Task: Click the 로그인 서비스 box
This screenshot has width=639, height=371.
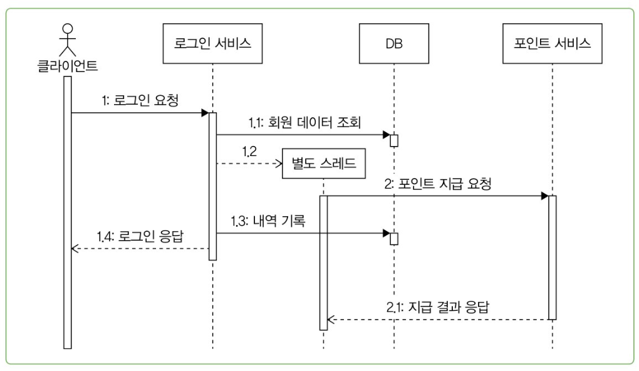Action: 212,44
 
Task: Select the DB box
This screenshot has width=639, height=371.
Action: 394,44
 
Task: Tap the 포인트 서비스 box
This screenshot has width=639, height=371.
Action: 552,44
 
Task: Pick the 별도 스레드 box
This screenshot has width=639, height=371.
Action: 324,164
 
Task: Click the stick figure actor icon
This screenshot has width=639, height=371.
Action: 66,39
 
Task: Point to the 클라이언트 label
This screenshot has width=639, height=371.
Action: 67,65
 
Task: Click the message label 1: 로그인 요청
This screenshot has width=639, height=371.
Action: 140,100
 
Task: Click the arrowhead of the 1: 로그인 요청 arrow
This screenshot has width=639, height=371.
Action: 205,113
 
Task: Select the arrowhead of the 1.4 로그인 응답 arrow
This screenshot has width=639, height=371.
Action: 75,248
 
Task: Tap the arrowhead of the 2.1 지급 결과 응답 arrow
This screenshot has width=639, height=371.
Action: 331,320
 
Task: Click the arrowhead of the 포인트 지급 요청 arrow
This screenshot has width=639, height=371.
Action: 544,196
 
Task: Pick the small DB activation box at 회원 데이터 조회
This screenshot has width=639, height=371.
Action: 394,140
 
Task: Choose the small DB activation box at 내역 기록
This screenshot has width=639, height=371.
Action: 394,238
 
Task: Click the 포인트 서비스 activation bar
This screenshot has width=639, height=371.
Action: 552,257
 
